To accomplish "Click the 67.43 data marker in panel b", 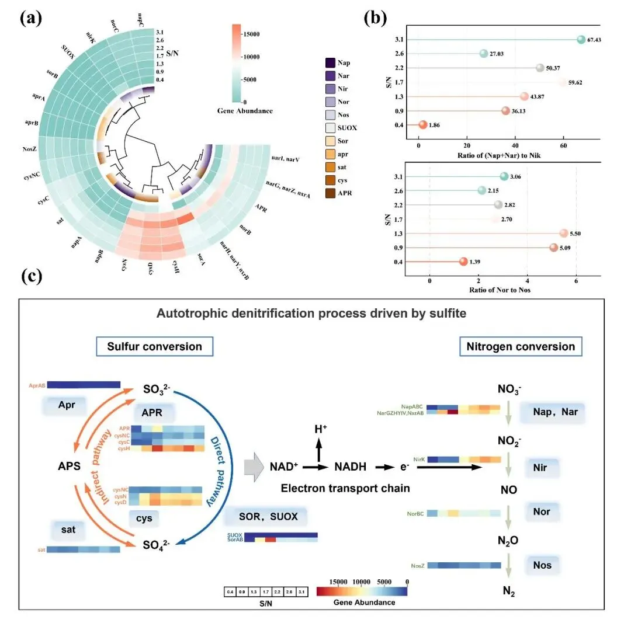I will click(581, 39).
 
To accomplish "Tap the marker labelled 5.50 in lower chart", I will click(564, 234).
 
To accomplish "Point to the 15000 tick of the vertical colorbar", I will click(237, 35).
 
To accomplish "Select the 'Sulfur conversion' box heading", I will click(154, 346).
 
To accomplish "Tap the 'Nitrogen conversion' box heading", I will click(520, 346).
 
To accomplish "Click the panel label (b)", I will click(375, 18).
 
